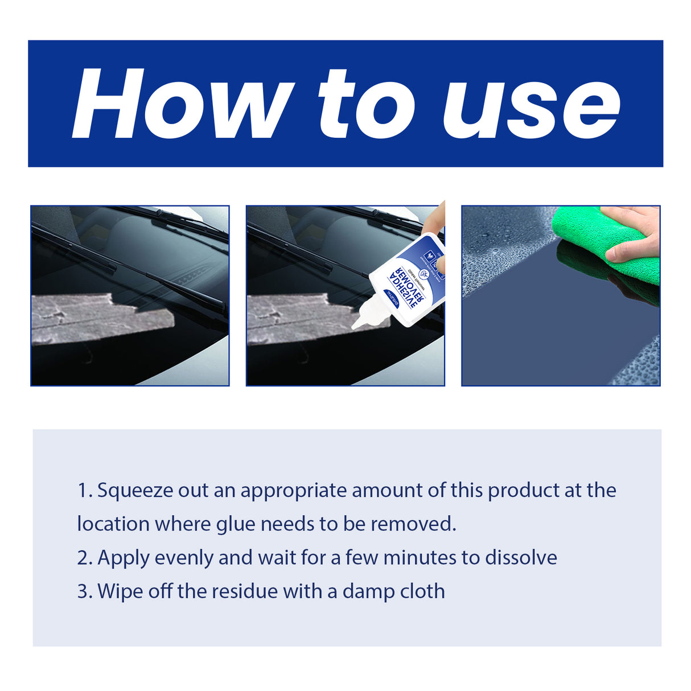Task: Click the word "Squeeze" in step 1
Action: coord(135,491)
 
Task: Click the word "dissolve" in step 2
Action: coord(521,558)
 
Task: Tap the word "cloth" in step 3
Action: coord(422,591)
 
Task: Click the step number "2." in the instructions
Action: coord(85,558)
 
